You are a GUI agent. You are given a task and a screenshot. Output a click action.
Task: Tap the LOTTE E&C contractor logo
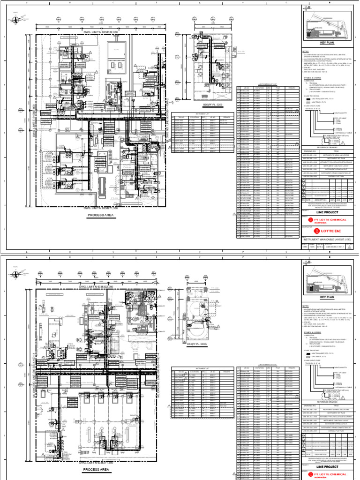coord(330,230)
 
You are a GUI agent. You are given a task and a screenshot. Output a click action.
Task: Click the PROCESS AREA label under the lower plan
coord(97,469)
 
